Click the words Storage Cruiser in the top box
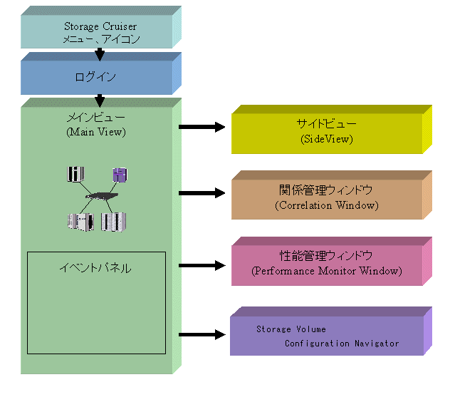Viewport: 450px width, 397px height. (96, 27)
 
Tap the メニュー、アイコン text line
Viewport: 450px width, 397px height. (96, 39)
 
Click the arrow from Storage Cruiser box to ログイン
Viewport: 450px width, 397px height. (100, 53)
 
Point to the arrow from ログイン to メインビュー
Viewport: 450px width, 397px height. (100, 100)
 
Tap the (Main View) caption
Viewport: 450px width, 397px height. (96, 131)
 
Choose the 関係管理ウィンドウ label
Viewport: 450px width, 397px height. (326, 191)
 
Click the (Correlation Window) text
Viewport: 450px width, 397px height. (326, 205)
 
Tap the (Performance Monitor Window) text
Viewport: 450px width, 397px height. (326, 271)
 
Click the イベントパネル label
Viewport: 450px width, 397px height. (95, 268)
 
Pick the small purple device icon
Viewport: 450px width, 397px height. (120, 174)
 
